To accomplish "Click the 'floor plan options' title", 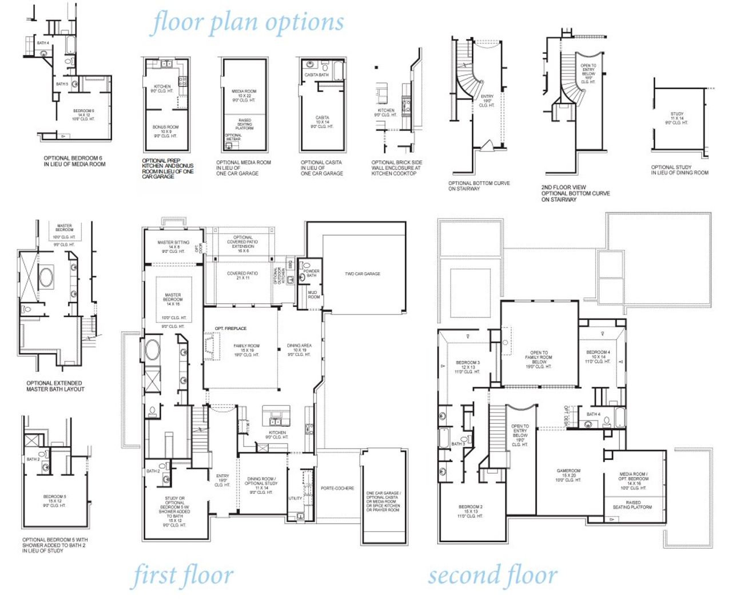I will pos(248,23).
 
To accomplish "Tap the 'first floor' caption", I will pos(183,576).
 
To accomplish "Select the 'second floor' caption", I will pos(492,576).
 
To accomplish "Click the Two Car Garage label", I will pos(363,274).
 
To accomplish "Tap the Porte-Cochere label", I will pos(337,489).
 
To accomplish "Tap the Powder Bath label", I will pos(312,273).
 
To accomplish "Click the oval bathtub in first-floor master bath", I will pos(152,350).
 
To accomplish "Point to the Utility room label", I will pos(295,498).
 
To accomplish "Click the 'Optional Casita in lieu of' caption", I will pos(321,168).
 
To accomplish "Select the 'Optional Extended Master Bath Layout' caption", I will pos(55,386).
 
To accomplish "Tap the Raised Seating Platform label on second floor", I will pos(632,505).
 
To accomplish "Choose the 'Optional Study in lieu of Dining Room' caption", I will pos(679,170).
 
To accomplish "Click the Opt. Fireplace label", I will pos(231,328).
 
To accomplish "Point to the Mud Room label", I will pos(314,295).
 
